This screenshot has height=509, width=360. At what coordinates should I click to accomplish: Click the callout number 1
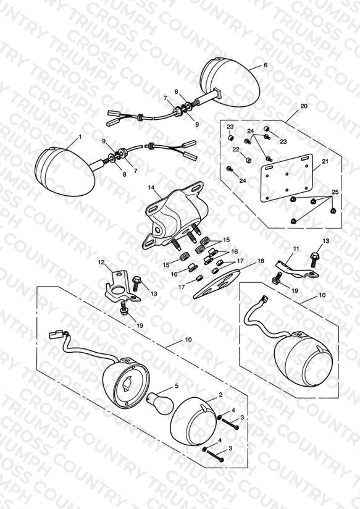(x=80, y=137)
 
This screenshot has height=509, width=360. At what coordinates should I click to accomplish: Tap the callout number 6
(x=266, y=65)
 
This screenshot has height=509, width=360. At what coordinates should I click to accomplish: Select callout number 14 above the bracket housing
(x=151, y=188)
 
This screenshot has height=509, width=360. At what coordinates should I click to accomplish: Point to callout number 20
(x=304, y=106)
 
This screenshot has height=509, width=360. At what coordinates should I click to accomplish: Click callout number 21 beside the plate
(x=325, y=161)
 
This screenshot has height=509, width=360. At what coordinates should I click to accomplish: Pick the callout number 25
(x=335, y=192)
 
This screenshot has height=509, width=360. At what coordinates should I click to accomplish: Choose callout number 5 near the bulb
(x=177, y=386)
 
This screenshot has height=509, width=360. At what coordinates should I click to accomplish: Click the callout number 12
(x=101, y=262)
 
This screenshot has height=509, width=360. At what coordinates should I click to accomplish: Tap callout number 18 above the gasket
(x=261, y=261)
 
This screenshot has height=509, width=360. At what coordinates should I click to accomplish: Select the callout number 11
(x=296, y=249)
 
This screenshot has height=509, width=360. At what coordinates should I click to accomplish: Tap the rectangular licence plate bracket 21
(x=287, y=179)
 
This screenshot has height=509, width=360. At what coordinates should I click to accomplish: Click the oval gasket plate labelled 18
(x=217, y=284)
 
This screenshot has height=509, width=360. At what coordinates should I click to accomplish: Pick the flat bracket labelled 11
(x=296, y=269)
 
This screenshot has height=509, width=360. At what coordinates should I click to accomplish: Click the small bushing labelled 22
(x=248, y=160)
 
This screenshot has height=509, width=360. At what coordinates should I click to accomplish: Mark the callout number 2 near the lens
(x=220, y=395)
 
